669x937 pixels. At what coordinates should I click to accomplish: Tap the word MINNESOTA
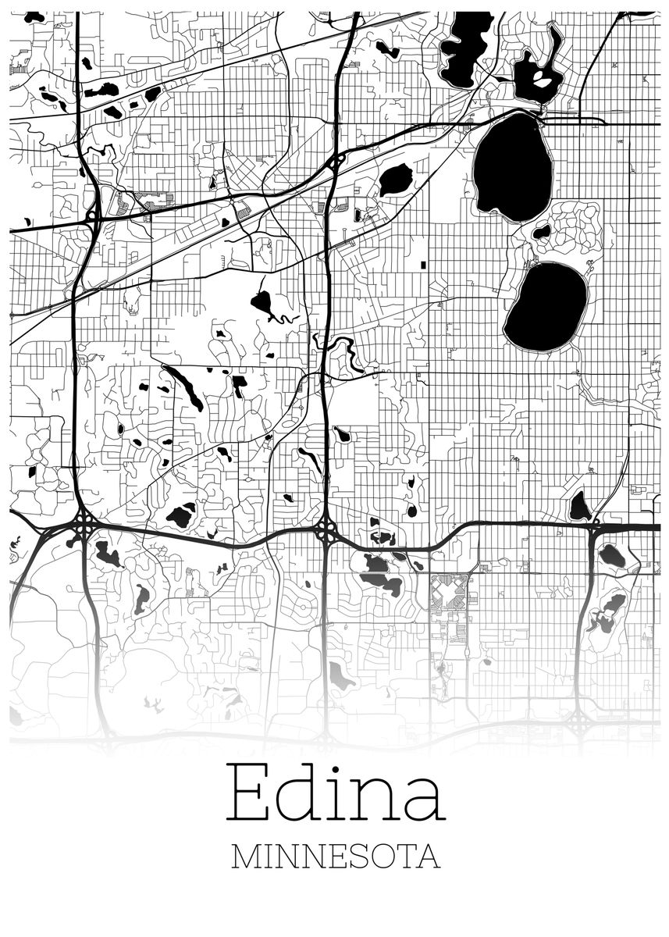(336, 857)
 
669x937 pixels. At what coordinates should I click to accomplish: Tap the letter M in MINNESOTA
(247, 857)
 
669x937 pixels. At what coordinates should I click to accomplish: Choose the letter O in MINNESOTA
(379, 857)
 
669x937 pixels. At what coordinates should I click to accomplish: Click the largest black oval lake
(513, 166)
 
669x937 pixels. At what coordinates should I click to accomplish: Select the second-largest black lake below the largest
(546, 307)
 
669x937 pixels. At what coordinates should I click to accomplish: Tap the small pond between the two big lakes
(542, 231)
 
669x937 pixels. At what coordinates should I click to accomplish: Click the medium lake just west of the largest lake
(396, 180)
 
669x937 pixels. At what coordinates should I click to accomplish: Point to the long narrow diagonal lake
(185, 387)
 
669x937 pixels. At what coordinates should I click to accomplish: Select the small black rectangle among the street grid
(423, 265)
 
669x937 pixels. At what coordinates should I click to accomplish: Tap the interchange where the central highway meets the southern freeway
(327, 533)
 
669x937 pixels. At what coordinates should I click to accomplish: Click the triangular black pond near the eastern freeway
(579, 508)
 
